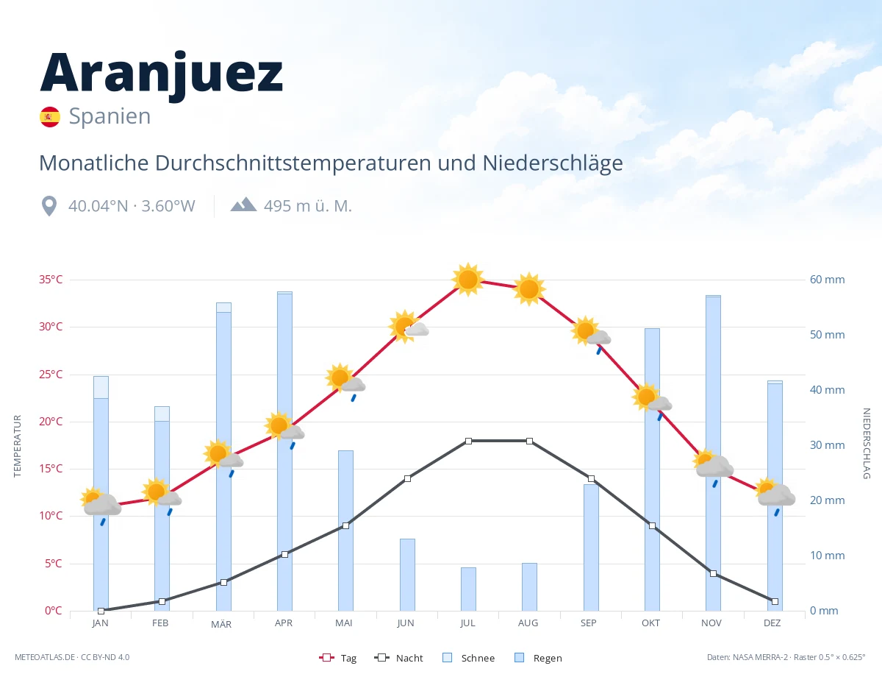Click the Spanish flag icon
click(x=50, y=116)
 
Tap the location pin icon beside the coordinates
click(x=49, y=206)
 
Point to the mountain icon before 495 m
click(x=243, y=205)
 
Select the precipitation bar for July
click(x=468, y=589)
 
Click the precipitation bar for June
click(x=407, y=575)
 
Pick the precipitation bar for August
click(x=529, y=586)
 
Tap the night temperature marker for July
click(x=468, y=441)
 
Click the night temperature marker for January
click(x=101, y=611)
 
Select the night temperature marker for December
click(x=775, y=601)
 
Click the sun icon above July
click(x=468, y=280)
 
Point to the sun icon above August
click(x=529, y=289)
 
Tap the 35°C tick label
click(x=51, y=280)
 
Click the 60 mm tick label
click(x=827, y=280)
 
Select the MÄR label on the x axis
click(x=221, y=624)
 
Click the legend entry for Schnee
click(x=468, y=658)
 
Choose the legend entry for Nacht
click(x=398, y=658)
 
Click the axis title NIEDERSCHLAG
click(x=866, y=444)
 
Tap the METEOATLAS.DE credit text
click(x=45, y=657)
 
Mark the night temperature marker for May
click(x=346, y=526)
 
